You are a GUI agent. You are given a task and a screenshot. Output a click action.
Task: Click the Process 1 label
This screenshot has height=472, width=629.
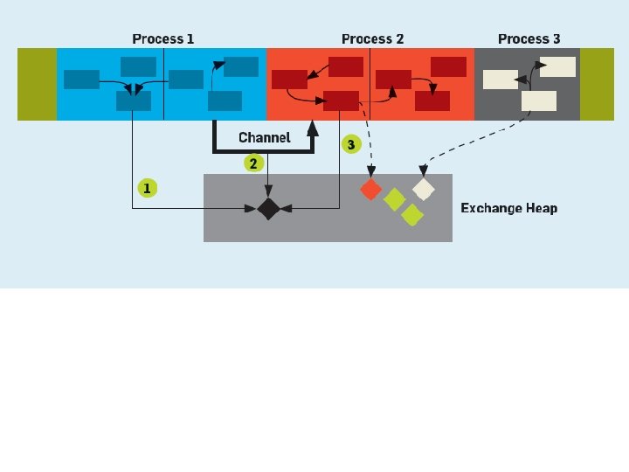(x=163, y=38)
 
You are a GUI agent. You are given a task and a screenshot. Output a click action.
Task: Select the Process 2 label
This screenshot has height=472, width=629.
(x=372, y=38)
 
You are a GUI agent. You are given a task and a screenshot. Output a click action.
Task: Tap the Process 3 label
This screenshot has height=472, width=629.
(x=529, y=38)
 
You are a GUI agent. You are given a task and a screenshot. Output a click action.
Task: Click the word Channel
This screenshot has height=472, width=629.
(x=264, y=138)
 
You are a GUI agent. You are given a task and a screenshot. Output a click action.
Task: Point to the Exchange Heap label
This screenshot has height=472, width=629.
(x=508, y=208)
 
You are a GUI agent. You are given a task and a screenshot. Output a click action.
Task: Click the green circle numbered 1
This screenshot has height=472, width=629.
(x=147, y=188)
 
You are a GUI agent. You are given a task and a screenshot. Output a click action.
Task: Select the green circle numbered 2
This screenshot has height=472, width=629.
(x=253, y=163)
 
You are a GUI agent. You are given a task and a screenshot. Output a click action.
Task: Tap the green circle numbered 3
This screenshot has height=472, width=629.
(x=351, y=144)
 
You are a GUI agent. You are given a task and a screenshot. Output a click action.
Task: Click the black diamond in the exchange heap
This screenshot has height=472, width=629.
(x=267, y=208)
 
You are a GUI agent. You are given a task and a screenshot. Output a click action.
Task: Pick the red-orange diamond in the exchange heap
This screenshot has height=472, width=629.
(x=371, y=188)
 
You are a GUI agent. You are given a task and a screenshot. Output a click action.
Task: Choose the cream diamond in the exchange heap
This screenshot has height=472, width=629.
(x=423, y=189)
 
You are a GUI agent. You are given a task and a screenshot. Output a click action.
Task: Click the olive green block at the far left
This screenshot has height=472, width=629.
(x=37, y=84)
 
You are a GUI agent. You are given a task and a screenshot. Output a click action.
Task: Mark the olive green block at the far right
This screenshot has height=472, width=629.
(x=598, y=84)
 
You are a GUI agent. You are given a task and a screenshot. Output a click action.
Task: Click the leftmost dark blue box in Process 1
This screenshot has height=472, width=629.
(x=81, y=80)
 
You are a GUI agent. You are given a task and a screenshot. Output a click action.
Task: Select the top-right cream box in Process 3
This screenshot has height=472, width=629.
(x=557, y=66)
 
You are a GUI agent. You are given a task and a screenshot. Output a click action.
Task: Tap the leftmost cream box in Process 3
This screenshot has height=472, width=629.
(x=501, y=80)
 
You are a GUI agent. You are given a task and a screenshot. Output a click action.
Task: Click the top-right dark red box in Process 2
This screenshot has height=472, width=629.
(x=448, y=66)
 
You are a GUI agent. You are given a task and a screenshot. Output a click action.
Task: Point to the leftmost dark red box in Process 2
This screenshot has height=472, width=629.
(x=289, y=80)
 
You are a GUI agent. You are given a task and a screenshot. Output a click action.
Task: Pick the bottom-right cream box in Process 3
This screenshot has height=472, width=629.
(x=539, y=101)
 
